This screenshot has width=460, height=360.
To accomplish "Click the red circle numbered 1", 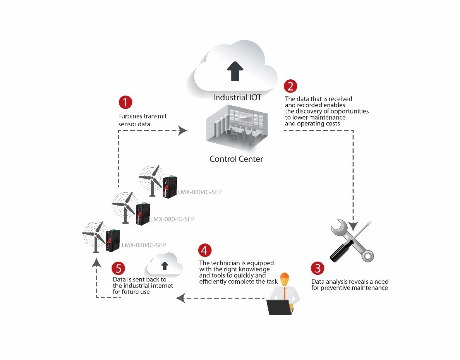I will (125, 102).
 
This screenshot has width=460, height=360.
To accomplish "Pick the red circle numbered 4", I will (205, 250).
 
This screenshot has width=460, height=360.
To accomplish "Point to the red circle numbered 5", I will (118, 268).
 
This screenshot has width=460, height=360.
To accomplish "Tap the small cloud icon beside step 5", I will (164, 265).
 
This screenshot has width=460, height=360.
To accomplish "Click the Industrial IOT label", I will (237, 98).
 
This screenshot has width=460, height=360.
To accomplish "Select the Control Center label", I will (236, 159).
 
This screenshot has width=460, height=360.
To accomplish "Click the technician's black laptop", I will (279, 307).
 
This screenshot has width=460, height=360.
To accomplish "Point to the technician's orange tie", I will (285, 293).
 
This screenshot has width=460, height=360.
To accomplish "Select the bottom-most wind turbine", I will (94, 236).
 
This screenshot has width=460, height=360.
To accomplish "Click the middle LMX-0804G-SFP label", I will (172, 219).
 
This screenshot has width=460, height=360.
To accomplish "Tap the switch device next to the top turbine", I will (170, 187).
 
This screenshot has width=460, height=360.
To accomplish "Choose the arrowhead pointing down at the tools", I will (353, 225).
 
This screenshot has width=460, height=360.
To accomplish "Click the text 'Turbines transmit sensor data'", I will (142, 120).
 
